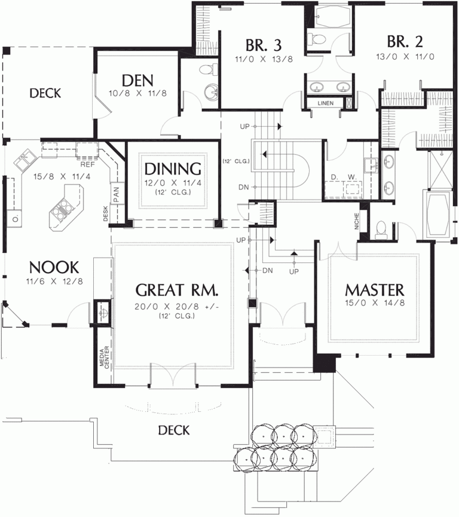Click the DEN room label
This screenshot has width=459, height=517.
137,81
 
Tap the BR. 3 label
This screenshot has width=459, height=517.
264,45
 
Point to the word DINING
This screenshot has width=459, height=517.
172,169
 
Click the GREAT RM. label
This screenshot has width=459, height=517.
177,290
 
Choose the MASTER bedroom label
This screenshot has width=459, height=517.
375,290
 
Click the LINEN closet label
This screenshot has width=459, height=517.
326,103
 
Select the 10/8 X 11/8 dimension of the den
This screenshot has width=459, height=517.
137,93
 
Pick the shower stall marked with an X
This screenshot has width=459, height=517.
440,170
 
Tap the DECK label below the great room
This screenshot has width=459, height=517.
174,430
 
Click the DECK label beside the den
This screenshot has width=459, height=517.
45,93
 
